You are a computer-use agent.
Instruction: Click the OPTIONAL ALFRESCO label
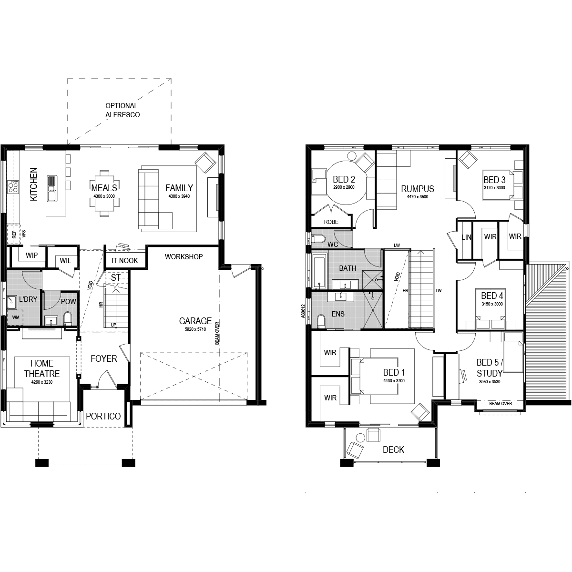tap(123, 110)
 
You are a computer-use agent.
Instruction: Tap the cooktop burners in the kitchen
tap(13, 187)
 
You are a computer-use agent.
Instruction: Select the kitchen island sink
tap(52, 188)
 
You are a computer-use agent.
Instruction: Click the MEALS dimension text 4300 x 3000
tap(104, 196)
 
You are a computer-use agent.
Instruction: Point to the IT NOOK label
tap(125, 261)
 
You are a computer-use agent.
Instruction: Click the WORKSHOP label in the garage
tap(184, 257)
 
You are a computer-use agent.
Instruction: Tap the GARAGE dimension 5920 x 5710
tap(195, 329)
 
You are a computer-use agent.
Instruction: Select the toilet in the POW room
tap(68, 318)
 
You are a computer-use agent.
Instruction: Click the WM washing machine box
tap(16, 317)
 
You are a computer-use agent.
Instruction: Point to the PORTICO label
tap(103, 416)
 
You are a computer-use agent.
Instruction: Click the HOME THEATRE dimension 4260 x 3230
tap(42, 382)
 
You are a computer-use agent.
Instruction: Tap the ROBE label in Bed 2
tap(331, 222)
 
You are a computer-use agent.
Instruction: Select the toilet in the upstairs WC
tap(318, 238)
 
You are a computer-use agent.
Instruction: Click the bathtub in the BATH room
tap(319, 271)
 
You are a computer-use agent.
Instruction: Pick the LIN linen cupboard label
tap(466, 237)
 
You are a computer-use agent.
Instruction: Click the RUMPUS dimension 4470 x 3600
tap(418, 197)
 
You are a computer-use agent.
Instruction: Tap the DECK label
tap(393, 449)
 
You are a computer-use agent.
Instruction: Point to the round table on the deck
tap(360, 438)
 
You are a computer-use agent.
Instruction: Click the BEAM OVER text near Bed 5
tap(500, 403)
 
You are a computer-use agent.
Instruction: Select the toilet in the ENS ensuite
tap(321, 321)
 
